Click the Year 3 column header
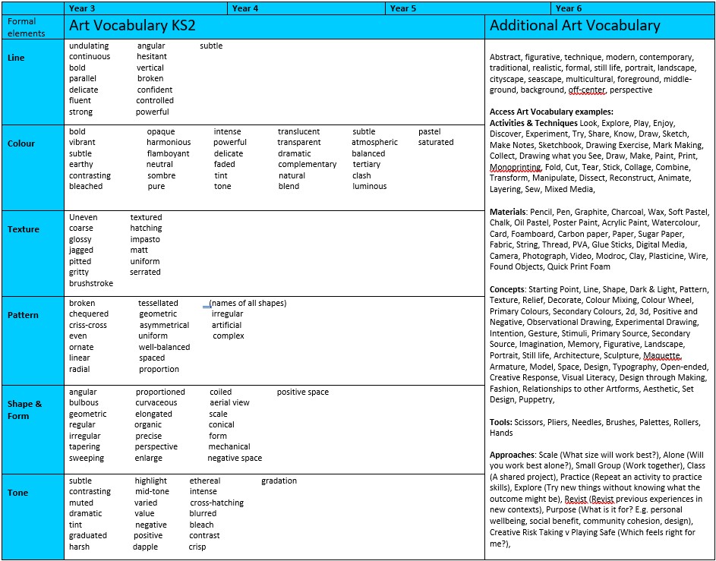pos(82,8)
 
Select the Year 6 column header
pos(569,8)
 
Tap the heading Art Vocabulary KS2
pos(132,26)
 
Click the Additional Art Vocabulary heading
pos(575,26)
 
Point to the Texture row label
pos(23,229)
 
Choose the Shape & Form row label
pos(24,410)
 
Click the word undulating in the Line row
pos(89,46)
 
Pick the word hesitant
pos(152,56)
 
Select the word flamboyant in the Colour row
pos(169,153)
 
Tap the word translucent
pos(299,131)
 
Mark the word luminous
pos(370,186)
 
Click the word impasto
pos(145,239)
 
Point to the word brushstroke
pos(91,283)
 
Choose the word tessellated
pos(158,303)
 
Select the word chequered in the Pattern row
pos(89,314)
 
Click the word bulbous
pos(84,403)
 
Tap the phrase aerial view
pos(229,403)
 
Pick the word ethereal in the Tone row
pos(205,481)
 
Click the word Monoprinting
pos(516,167)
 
